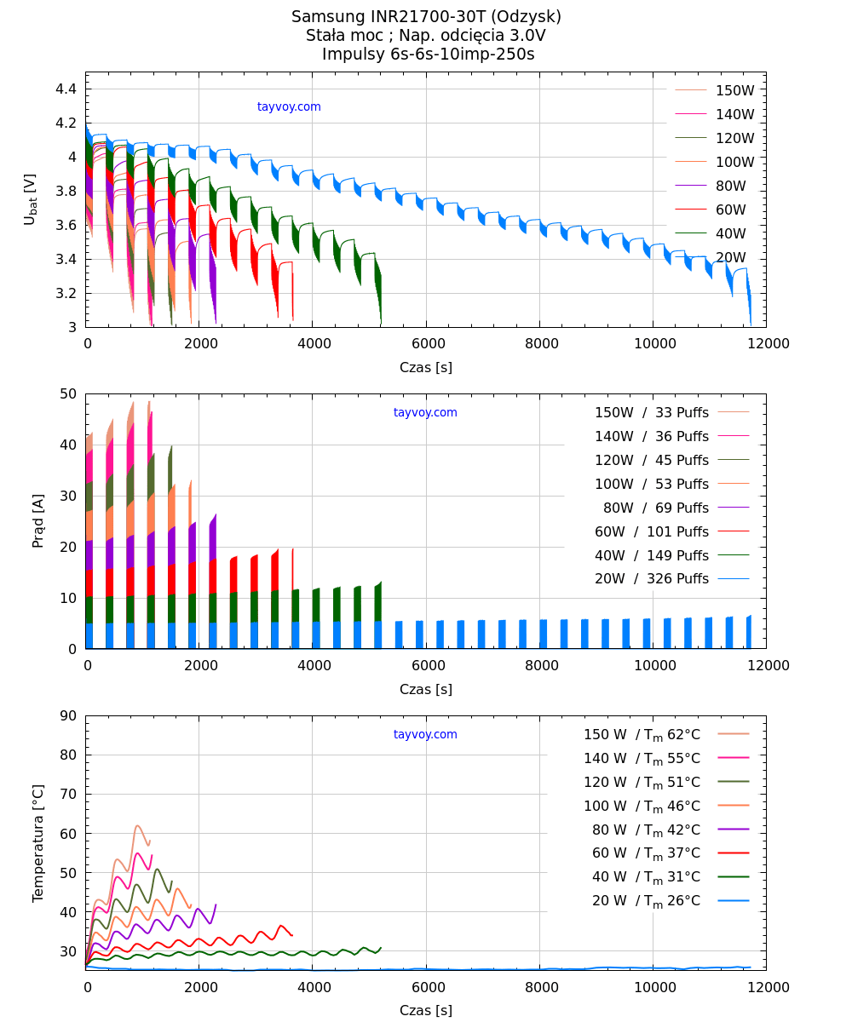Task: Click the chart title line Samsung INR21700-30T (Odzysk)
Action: pyautogui.click(x=426, y=17)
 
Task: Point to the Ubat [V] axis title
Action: pyautogui.click(x=31, y=199)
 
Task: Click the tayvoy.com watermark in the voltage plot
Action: pyautogui.click(x=289, y=107)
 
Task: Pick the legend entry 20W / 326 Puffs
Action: pyautogui.click(x=652, y=579)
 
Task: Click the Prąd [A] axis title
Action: pyautogui.click(x=38, y=521)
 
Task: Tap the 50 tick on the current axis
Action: pyautogui.click(x=68, y=393)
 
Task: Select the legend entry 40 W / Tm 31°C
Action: pyautogui.click(x=646, y=877)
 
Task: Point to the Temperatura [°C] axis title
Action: pyautogui.click(x=38, y=843)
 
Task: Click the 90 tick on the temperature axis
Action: pyautogui.click(x=68, y=715)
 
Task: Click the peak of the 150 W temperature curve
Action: pyautogui.click(x=136, y=825)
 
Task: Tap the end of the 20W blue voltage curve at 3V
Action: pyautogui.click(x=751, y=324)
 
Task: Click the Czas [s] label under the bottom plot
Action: pyautogui.click(x=426, y=1011)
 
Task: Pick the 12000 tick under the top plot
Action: pyautogui.click(x=766, y=343)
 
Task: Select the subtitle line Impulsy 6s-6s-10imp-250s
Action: pyautogui.click(x=428, y=55)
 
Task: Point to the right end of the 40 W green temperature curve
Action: pyautogui.click(x=381, y=947)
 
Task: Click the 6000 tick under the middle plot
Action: pyautogui.click(x=426, y=665)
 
